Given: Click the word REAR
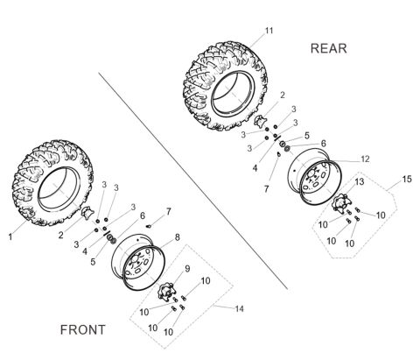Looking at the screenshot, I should (x=329, y=49).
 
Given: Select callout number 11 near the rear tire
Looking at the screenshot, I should (x=269, y=31).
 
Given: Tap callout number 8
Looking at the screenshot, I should (x=177, y=237).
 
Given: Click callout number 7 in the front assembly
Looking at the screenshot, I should (x=169, y=211).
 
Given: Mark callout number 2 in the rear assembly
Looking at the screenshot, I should (x=281, y=95).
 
